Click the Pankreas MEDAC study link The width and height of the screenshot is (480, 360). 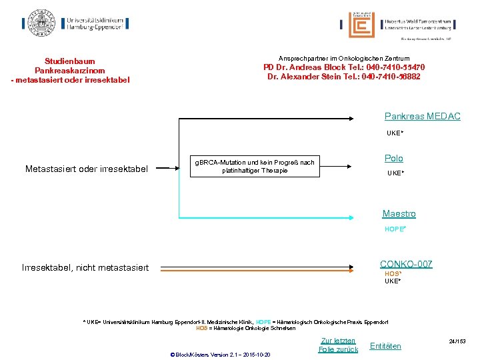[x=422, y=117]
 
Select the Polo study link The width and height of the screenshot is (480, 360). [x=393, y=159]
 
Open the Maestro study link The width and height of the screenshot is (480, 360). [x=399, y=214]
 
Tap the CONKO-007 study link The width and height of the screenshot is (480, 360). [x=405, y=265]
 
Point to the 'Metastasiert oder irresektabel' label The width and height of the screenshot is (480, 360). [x=86, y=169]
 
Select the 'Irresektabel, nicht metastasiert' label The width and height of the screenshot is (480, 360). [x=85, y=268]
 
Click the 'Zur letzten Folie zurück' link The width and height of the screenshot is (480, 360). [x=338, y=345]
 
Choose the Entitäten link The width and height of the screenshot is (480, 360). [x=385, y=345]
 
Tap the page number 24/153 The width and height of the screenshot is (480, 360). [x=457, y=341]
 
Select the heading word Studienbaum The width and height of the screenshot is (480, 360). [x=70, y=60]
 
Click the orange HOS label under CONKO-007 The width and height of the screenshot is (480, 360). [x=392, y=274]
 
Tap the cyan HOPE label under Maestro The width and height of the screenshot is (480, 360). [x=395, y=229]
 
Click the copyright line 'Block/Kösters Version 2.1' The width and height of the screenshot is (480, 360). [x=221, y=355]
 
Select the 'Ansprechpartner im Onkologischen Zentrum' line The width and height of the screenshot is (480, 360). [x=344, y=59]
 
